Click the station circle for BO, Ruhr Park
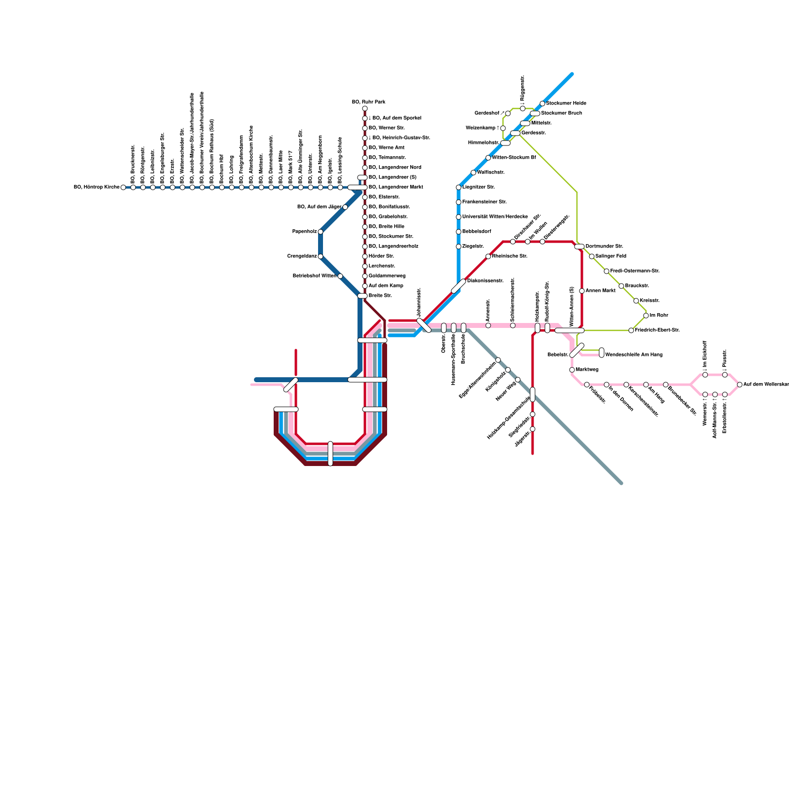[x=365, y=108]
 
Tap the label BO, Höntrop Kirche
[x=96, y=187]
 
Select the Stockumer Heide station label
[x=566, y=104]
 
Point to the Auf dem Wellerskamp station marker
[x=740, y=385]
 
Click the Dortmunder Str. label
[x=604, y=247]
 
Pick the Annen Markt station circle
[x=582, y=291]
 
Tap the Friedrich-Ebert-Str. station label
[x=657, y=330]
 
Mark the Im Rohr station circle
[x=646, y=316]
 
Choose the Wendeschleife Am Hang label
[x=634, y=355]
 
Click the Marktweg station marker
[x=572, y=370]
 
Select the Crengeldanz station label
[x=302, y=256]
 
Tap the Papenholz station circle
[x=321, y=232]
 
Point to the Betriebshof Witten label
[x=314, y=276]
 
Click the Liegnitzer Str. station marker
[x=459, y=187]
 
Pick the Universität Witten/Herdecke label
[x=495, y=217]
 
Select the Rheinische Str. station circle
[x=488, y=256]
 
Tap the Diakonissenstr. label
[x=485, y=281]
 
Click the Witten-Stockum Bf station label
[x=514, y=158]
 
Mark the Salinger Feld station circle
[x=592, y=256]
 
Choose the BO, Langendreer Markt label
[x=395, y=187]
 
